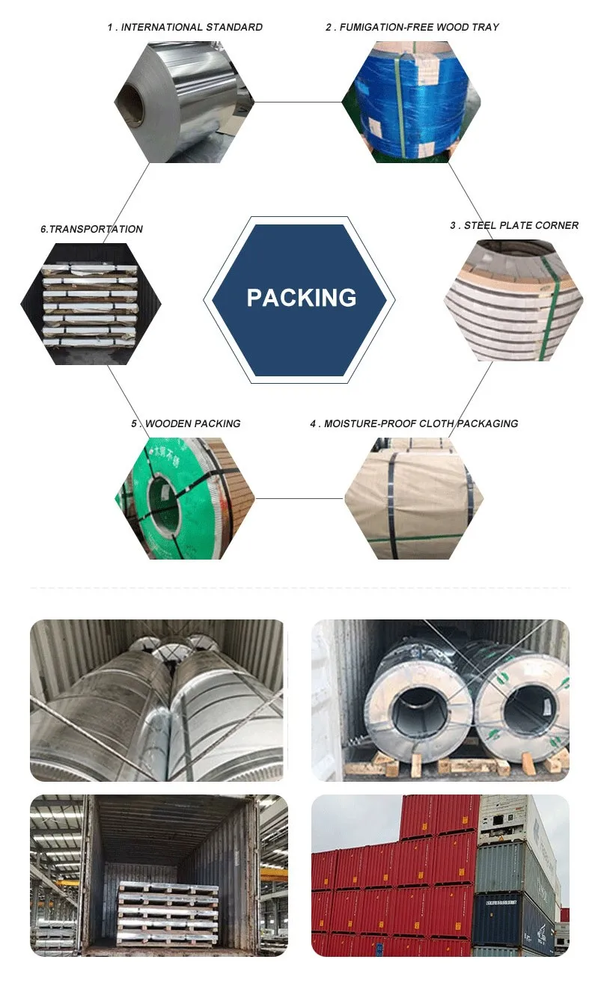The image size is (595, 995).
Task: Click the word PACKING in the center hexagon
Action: (302, 298)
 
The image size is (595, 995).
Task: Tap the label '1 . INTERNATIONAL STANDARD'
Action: (185, 28)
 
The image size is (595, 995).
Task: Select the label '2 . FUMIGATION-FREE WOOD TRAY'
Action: (412, 28)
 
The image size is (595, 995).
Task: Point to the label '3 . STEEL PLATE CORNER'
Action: (514, 225)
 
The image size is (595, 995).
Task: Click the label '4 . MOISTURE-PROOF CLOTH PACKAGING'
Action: (414, 423)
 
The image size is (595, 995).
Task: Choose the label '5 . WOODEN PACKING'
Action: (186, 423)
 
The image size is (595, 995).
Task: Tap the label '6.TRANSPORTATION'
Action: (91, 229)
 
